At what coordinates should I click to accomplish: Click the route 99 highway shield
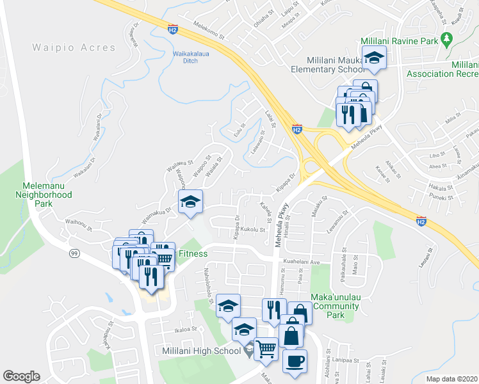(74, 254)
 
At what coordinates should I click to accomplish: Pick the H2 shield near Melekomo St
(172, 29)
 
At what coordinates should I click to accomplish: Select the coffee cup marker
(295, 360)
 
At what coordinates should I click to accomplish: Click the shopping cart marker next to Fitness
(165, 256)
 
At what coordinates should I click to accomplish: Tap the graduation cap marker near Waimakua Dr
(190, 202)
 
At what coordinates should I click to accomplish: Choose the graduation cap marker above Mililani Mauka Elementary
(374, 60)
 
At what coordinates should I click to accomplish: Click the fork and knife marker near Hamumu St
(274, 310)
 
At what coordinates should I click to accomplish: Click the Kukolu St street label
(253, 229)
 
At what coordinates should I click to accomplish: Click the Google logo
(21, 376)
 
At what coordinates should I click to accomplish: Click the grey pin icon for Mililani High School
(250, 350)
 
